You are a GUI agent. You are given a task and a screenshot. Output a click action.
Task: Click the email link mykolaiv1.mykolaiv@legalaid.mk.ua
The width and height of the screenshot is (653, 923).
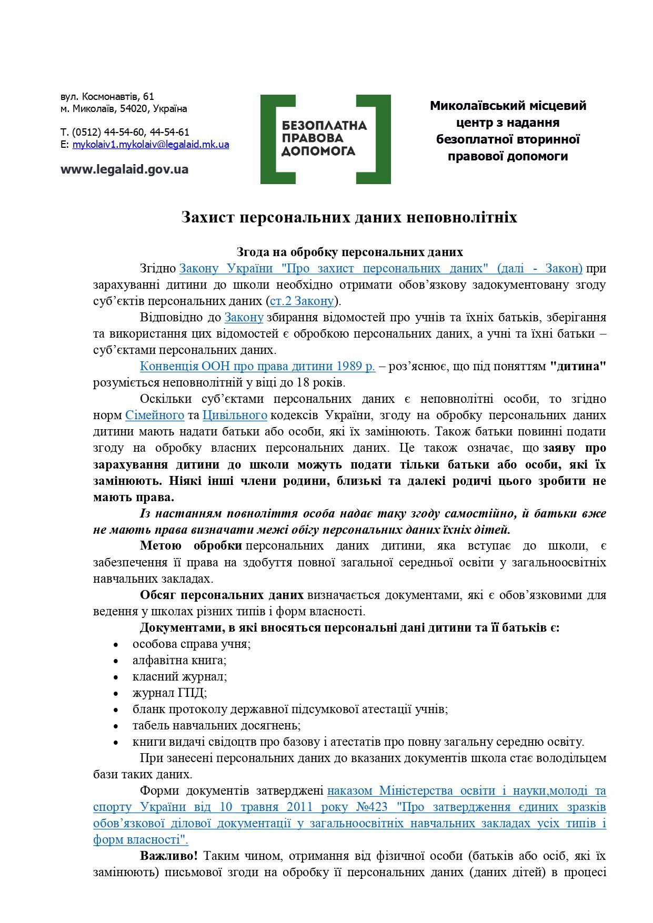coord(150,145)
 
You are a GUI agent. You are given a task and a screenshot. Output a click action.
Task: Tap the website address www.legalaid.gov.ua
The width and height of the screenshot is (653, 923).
coord(124,169)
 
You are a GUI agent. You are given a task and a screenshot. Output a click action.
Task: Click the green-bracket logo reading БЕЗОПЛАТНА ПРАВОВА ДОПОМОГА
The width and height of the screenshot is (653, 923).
coord(325,139)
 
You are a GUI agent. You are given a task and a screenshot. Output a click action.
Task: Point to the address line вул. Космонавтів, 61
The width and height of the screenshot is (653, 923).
coord(107,96)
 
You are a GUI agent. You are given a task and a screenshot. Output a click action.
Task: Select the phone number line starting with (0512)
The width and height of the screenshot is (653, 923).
coord(125,132)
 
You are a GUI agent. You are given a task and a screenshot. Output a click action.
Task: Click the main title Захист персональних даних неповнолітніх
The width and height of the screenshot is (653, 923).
coord(349,217)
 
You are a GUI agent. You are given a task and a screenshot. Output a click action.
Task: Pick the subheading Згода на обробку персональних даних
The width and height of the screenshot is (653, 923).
coord(349,252)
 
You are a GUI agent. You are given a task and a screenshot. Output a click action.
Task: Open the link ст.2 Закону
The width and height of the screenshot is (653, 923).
coord(302,301)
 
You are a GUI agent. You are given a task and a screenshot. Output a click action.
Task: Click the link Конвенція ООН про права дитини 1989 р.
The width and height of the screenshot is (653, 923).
coord(257,366)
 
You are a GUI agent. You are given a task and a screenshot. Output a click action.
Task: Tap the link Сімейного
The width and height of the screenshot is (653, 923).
coord(155,415)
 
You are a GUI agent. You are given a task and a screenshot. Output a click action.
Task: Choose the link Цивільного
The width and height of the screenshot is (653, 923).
coord(235,415)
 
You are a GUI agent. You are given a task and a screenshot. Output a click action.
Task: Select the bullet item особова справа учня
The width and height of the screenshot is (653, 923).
coord(192,644)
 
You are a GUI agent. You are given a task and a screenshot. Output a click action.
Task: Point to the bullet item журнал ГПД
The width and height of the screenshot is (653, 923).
coord(169,693)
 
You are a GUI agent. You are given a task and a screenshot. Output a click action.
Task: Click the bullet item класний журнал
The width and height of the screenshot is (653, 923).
coord(179,676)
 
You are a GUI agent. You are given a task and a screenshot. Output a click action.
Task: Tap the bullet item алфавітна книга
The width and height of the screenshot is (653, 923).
coord(179,660)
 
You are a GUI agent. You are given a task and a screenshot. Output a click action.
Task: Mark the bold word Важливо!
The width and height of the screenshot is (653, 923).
coord(169,856)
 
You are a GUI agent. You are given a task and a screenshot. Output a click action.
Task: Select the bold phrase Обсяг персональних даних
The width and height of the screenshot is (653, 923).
coord(222,595)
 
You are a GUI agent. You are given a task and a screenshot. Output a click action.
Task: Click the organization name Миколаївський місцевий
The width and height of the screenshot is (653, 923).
coord(508,106)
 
